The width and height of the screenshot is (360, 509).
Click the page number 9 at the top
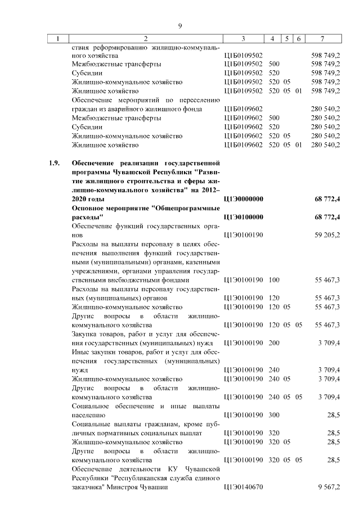pyautogui.click(x=180, y=26)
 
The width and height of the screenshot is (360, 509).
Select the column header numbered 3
pyautogui.click(x=243, y=39)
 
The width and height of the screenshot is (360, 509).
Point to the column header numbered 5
pyautogui.click(x=287, y=39)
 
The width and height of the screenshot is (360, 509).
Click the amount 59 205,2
pyautogui.click(x=327, y=235)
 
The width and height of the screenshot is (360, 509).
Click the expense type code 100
pyautogui.click(x=274, y=280)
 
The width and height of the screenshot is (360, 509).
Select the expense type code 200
pyautogui.click(x=274, y=343)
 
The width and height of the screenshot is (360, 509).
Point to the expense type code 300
pyautogui.click(x=274, y=415)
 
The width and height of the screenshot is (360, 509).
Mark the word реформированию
pyautogui.click(x=120, y=48)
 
